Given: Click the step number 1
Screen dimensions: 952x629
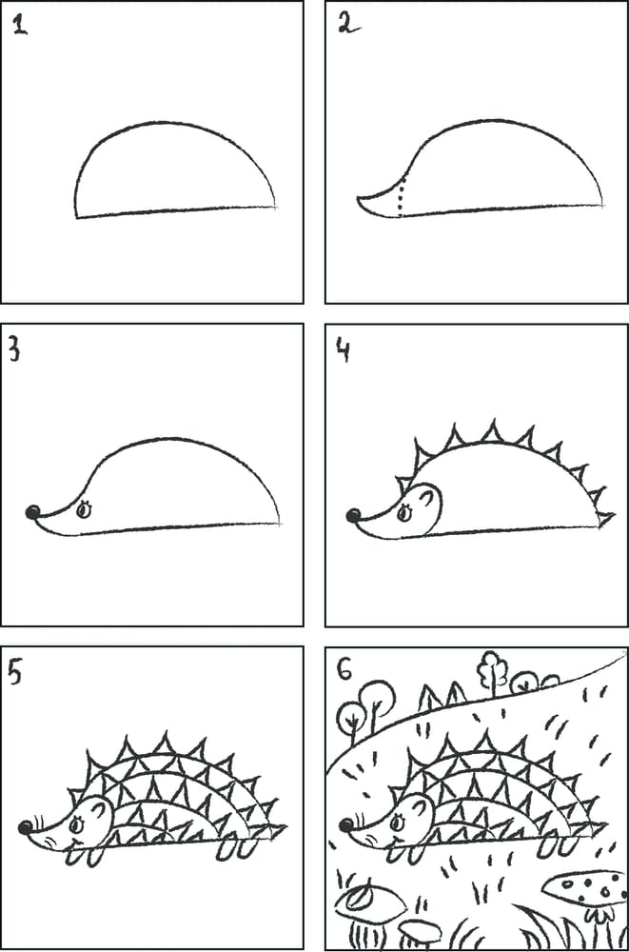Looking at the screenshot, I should pos(20,25).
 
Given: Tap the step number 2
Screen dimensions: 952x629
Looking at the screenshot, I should pos(345,24).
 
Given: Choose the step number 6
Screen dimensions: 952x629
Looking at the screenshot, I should pos(345,670).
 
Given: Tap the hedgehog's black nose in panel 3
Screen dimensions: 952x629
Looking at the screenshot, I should pos(32,513).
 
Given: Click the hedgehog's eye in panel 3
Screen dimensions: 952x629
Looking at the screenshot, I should pos(83,509).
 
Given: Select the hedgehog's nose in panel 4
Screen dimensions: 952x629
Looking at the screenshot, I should pos(353,516).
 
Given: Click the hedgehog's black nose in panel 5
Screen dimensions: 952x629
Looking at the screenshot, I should pos(24,827).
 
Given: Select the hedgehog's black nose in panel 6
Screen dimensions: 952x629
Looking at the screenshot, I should pos(345,825).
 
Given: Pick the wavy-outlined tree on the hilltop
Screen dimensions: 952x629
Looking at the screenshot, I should pos(492,670).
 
